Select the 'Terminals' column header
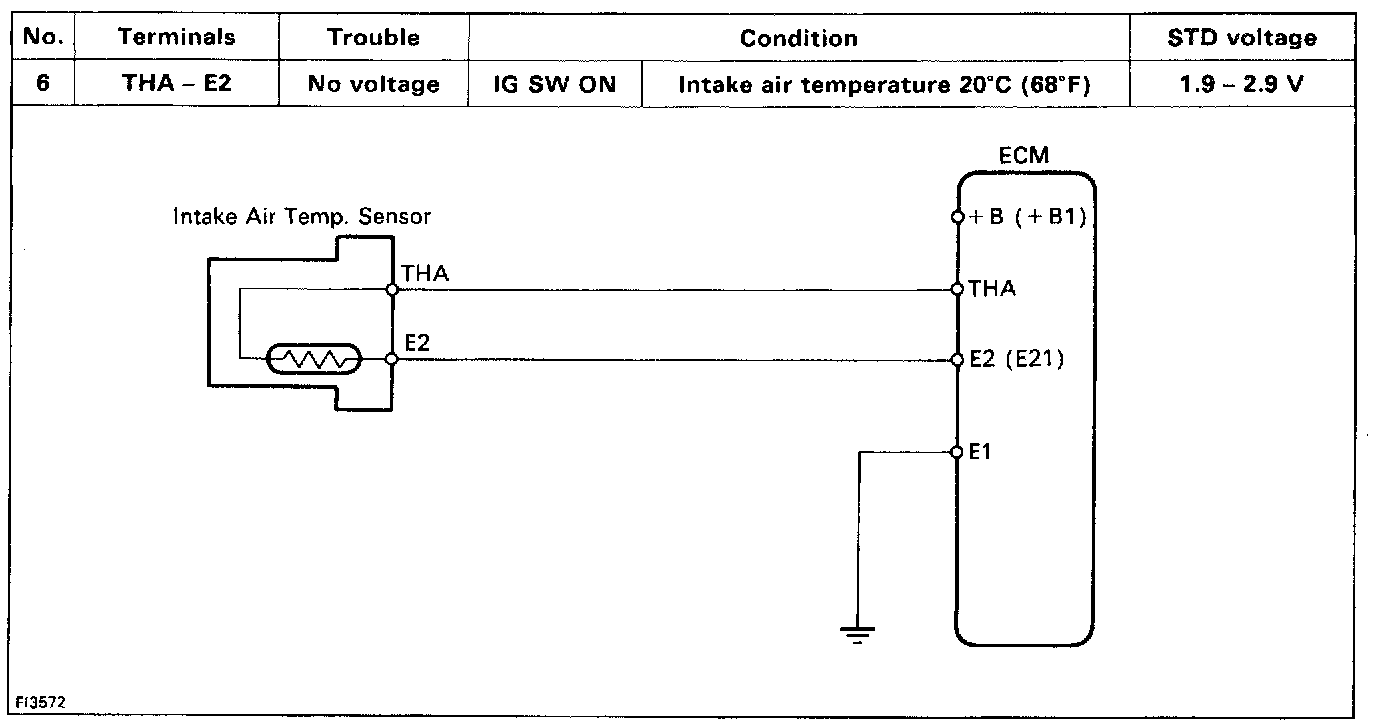(176, 38)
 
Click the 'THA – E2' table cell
(176, 83)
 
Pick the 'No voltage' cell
(373, 84)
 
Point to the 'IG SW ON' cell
(554, 84)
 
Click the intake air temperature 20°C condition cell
(884, 84)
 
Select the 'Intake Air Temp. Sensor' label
(302, 216)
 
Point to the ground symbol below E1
(857, 633)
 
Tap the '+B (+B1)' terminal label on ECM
(1027, 217)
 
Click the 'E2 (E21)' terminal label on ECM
(1016, 359)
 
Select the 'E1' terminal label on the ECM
(980, 452)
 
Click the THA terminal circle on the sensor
(392, 290)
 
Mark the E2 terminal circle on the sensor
(392, 358)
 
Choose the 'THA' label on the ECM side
(992, 289)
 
